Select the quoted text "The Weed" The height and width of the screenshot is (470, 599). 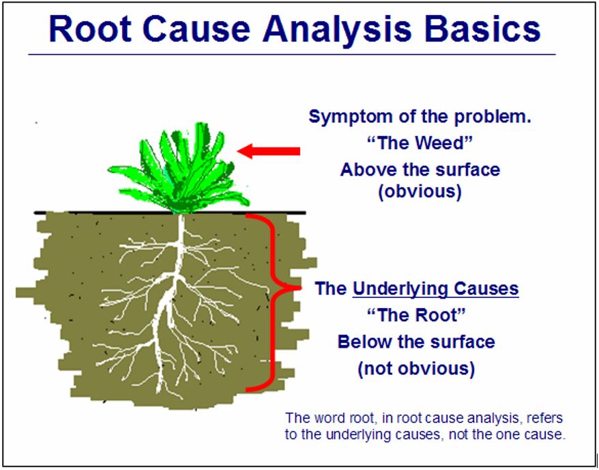[420, 143]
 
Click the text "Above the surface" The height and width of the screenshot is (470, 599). [420, 169]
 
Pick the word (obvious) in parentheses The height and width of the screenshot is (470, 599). [420, 192]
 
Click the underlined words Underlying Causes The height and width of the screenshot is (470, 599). [435, 289]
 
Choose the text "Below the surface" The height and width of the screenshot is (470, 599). [416, 342]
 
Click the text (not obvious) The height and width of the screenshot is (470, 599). [416, 369]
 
